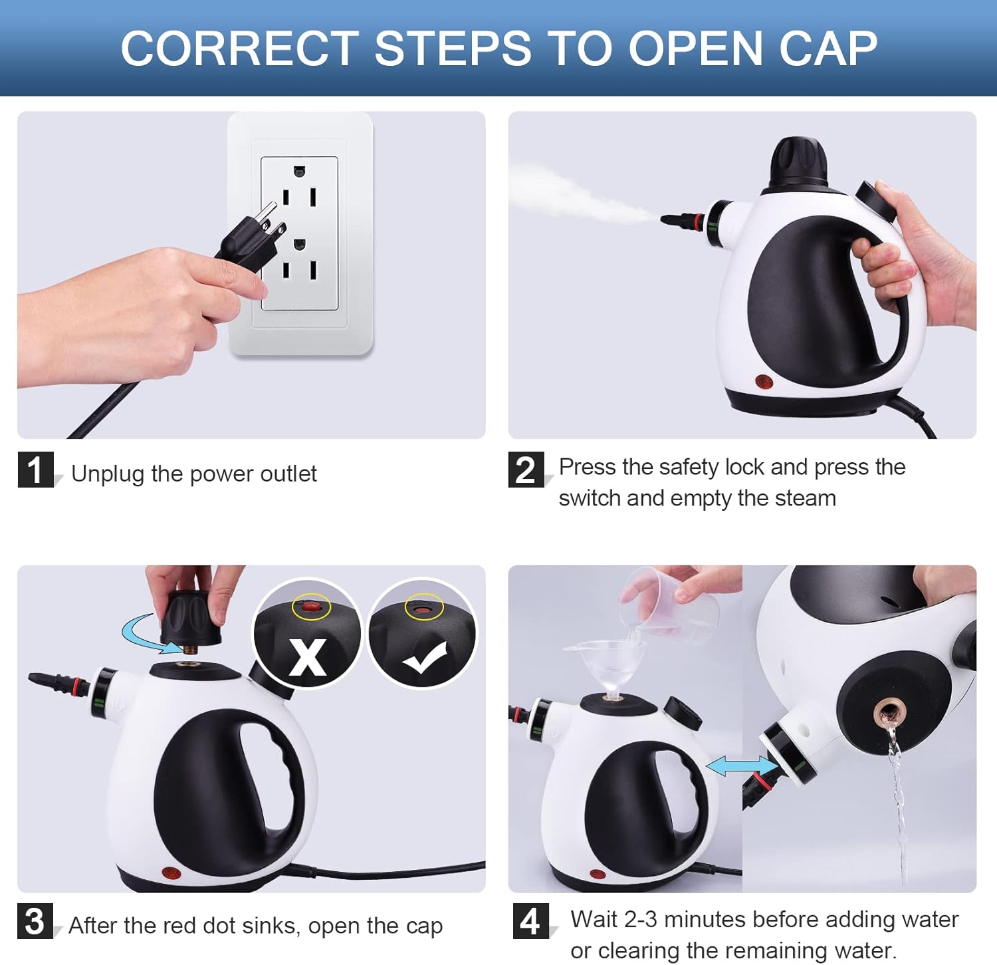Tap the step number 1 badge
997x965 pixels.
click(35, 470)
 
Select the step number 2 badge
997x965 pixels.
click(526, 470)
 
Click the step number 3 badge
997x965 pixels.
click(35, 920)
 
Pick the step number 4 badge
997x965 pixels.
click(530, 920)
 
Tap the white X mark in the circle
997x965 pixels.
click(308, 657)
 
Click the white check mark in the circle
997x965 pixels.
click(425, 658)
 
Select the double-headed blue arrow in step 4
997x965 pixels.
click(742, 766)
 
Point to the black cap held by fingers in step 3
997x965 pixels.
click(191, 618)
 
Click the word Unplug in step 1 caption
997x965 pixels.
click(108, 474)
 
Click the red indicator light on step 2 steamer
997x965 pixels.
click(764, 382)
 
